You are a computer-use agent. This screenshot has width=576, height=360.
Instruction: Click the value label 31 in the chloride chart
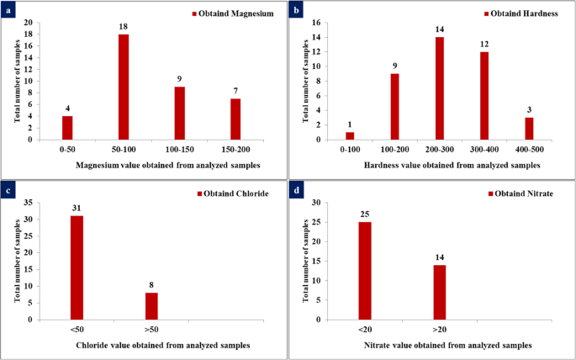pos(77,208)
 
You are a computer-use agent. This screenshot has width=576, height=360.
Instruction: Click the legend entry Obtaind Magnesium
pos(236,14)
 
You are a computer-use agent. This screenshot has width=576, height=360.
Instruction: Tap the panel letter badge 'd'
pos(297,190)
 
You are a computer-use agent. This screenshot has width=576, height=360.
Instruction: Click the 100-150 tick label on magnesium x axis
pos(178,148)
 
